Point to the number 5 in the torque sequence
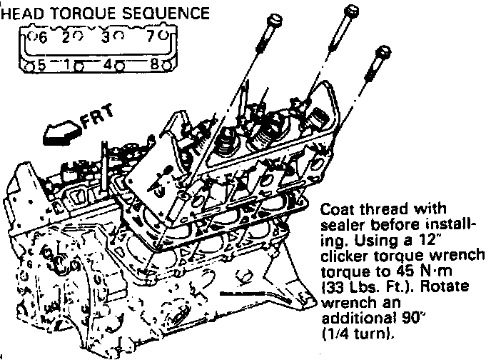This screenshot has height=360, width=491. [x=42, y=64]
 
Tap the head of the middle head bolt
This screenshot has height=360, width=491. [x=350, y=11]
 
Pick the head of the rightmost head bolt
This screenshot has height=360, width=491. [x=383, y=53]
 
